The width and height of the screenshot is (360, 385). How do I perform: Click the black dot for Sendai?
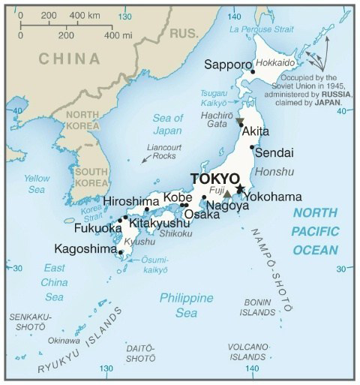pyautogui.click(x=252, y=148)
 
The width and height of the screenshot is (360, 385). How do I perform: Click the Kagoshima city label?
pyautogui.click(x=85, y=248)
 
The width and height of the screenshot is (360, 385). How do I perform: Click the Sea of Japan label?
pyautogui.click(x=167, y=124)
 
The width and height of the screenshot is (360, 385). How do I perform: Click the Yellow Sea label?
pyautogui.click(x=37, y=184)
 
